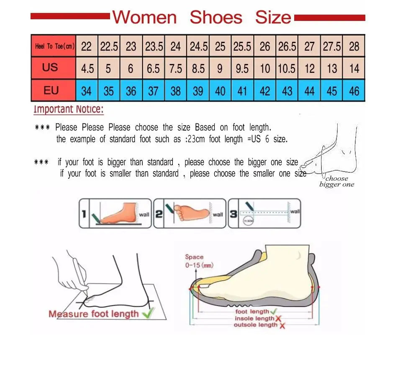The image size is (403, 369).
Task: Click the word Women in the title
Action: coord(145,18)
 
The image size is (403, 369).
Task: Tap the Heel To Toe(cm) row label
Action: coord(54,46)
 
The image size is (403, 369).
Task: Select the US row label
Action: coord(50,67)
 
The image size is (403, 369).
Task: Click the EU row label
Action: coord(51,90)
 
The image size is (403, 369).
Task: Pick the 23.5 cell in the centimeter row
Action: coord(154,46)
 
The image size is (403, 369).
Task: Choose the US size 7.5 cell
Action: coord(176,68)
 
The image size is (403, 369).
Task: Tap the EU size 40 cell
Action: coord(220,90)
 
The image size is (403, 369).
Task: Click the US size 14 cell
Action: coord(354,68)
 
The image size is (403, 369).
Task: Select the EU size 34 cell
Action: coord(86,90)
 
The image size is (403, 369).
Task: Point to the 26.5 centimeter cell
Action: coord(287,46)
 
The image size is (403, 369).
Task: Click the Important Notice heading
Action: coord(69,110)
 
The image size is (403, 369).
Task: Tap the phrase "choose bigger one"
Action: coord(336,182)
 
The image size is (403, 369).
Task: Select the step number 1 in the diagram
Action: coord(84,215)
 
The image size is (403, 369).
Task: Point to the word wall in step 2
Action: coord(218,215)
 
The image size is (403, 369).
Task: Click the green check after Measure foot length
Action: coord(148,312)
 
